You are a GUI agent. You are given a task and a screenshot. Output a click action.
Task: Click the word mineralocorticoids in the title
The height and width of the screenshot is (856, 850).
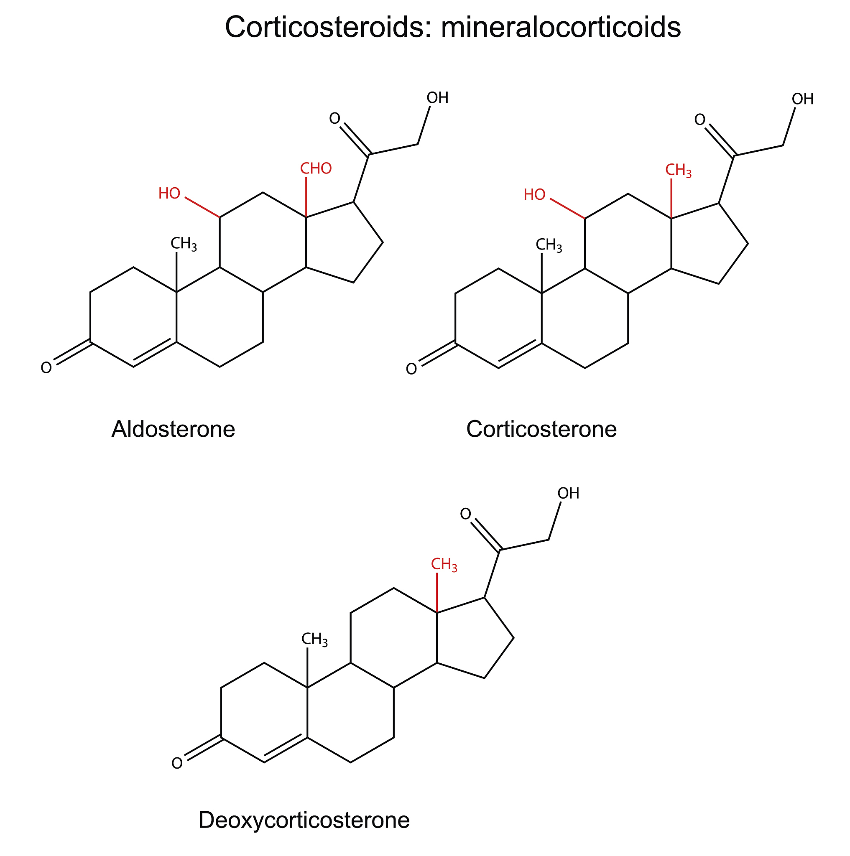(561, 27)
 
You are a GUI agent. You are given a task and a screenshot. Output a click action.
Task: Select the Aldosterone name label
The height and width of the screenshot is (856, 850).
(173, 429)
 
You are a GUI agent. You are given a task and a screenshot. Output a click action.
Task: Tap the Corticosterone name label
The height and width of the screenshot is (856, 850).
(541, 429)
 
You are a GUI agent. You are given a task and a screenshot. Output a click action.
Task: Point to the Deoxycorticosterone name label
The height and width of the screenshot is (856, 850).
(304, 820)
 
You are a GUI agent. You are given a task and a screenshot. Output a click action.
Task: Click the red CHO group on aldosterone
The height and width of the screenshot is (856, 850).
(316, 169)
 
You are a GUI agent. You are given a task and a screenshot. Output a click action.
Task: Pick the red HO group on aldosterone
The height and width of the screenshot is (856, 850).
(169, 194)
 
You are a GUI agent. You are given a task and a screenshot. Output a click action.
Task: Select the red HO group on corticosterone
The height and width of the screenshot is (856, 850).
(534, 195)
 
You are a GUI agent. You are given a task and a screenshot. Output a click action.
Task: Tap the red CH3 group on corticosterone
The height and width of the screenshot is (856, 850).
(679, 171)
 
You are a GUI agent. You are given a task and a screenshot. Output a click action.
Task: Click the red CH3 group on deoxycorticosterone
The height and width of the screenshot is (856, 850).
(444, 566)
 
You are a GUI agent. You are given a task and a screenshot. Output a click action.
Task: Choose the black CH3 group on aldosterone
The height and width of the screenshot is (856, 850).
(184, 244)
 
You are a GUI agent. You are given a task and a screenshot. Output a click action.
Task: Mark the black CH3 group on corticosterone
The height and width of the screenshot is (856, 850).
(549, 245)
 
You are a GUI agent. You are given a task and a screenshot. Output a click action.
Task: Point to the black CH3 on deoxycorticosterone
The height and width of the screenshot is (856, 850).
(315, 640)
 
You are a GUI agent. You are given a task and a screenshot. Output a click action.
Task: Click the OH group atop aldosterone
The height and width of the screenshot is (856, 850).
(438, 98)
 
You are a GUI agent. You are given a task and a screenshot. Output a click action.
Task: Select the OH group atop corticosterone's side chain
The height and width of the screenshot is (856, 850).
(803, 99)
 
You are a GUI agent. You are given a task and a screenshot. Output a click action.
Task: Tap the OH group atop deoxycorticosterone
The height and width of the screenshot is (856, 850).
(569, 494)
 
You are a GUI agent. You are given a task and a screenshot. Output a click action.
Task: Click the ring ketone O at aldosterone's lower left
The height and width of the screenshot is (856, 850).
(46, 368)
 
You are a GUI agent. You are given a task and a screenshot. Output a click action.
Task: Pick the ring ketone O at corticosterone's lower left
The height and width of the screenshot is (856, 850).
(412, 369)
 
